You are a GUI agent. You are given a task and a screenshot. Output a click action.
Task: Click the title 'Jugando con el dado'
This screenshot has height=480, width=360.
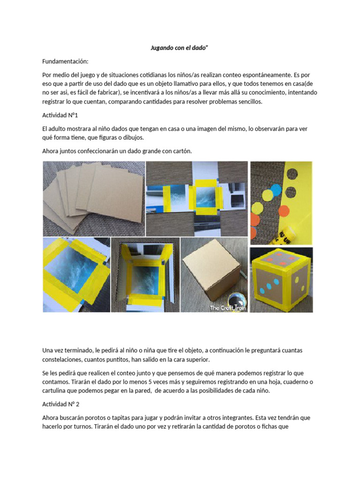[x=180, y=48]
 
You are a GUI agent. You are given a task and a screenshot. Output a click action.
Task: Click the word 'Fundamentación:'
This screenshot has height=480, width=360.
[x=65, y=61]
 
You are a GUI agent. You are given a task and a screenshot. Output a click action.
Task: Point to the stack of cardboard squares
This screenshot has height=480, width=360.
[x=94, y=197]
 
